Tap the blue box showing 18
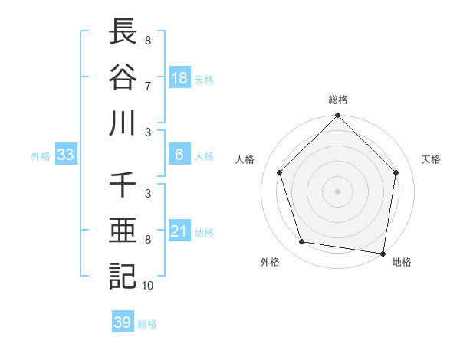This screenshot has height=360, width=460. tap(179, 78)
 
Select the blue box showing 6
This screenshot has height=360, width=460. tap(179, 155)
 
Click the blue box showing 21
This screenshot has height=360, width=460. tap(179, 231)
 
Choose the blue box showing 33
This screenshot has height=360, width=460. tap(66, 155)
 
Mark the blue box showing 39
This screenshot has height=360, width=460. tap(123, 322)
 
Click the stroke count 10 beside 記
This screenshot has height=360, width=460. tap(148, 286)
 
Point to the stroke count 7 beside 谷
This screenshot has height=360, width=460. tap(147, 86)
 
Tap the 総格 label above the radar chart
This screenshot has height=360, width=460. tap(338, 100)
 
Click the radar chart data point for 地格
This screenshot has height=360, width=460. tap(383, 252)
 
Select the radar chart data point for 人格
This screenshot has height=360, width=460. tap(280, 172)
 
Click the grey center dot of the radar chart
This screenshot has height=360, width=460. tap(338, 191)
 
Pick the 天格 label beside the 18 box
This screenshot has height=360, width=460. tap(204, 79)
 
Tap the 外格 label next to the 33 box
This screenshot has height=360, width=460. tap(41, 156)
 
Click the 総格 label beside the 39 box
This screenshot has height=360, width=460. tap(147, 323)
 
